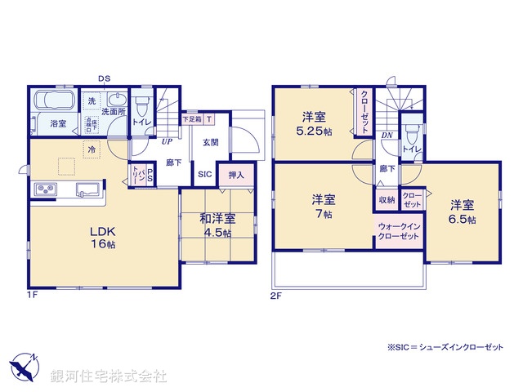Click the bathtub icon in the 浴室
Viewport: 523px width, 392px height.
pos(53,104)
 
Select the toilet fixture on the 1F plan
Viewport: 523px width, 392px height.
pos(142,107)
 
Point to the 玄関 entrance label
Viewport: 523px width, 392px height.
pos(210,142)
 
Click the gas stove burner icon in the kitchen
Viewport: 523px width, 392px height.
pos(44,190)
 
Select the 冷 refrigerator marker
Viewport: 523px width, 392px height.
pos(92,149)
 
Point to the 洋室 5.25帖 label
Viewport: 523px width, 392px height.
pos(313,122)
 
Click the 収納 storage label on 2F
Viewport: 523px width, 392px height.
pos(387,199)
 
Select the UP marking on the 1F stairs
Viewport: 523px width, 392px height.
pos(143,141)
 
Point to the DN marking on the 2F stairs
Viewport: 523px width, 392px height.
pos(387,136)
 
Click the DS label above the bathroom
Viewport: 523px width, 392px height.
pos(104,78)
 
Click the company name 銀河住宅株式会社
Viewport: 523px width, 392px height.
pos(109,376)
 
